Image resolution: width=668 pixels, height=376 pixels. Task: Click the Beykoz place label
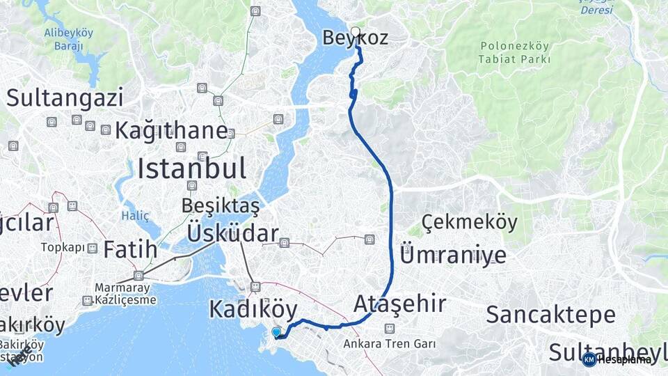(x=355, y=38)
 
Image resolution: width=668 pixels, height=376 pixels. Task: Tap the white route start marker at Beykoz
(x=356, y=31)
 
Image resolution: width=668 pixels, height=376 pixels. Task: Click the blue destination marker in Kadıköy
(x=277, y=333)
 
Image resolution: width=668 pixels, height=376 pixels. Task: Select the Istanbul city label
(x=191, y=169)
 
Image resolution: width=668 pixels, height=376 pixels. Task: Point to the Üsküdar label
(x=232, y=234)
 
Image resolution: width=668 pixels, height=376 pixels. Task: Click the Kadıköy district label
(x=253, y=309)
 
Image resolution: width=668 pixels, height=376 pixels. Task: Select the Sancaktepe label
(x=550, y=315)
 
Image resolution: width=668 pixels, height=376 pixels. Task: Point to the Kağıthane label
(x=171, y=130)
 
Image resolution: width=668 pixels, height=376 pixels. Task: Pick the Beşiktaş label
(x=220, y=205)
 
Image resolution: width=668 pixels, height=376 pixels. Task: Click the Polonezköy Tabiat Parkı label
(x=514, y=53)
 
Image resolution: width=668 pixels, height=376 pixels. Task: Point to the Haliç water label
(x=135, y=216)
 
